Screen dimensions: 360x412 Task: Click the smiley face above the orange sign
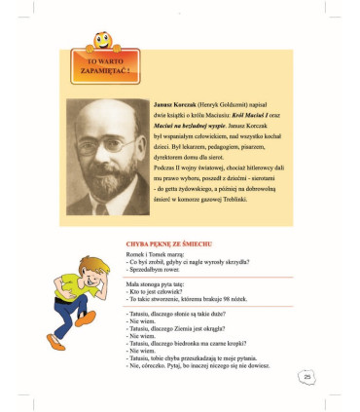pos(99,43)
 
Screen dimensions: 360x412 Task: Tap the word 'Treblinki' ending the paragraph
pos(232,200)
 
